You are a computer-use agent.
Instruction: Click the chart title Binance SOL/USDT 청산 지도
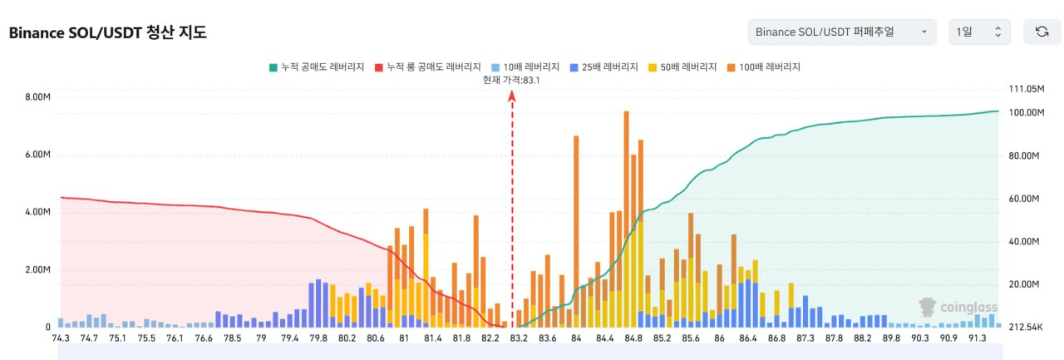[107, 33]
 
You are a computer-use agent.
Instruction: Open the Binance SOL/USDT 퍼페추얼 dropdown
[841, 32]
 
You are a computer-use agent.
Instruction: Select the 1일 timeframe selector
[979, 32]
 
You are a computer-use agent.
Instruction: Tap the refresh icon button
[1042, 32]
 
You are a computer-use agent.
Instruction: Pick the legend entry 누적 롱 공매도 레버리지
[428, 67]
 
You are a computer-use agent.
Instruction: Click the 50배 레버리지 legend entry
[682, 67]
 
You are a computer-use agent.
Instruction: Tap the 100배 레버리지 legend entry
[762, 67]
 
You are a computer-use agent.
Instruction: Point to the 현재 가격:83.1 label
[512, 80]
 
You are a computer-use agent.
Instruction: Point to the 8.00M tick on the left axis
[38, 97]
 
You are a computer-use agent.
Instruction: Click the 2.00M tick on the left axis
[38, 270]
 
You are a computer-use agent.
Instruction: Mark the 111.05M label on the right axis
[1025, 89]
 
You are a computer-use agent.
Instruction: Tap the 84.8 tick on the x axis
[633, 338]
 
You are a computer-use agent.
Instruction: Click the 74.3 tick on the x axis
[61, 338]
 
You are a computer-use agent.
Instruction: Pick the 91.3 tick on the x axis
[977, 338]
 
